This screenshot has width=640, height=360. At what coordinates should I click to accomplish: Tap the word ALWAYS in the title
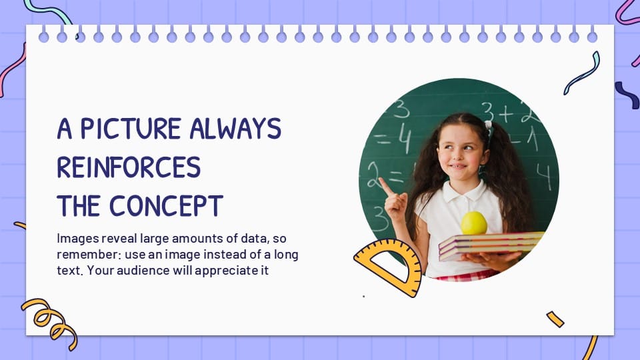pyautogui.click(x=235, y=129)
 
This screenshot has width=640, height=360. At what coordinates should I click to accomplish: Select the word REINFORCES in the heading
pyautogui.click(x=129, y=167)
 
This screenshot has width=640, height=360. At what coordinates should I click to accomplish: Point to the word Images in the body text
pyautogui.click(x=75, y=238)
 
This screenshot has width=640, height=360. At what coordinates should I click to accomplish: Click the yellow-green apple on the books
pyautogui.click(x=474, y=223)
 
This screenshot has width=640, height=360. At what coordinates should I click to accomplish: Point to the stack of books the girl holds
pyautogui.click(x=490, y=245)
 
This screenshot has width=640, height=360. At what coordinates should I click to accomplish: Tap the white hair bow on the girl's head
pyautogui.click(x=489, y=125)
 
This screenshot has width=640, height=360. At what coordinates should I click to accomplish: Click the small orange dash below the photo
pyautogui.click(x=555, y=319)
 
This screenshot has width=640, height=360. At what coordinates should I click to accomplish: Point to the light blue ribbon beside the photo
pyautogui.click(x=582, y=73)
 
